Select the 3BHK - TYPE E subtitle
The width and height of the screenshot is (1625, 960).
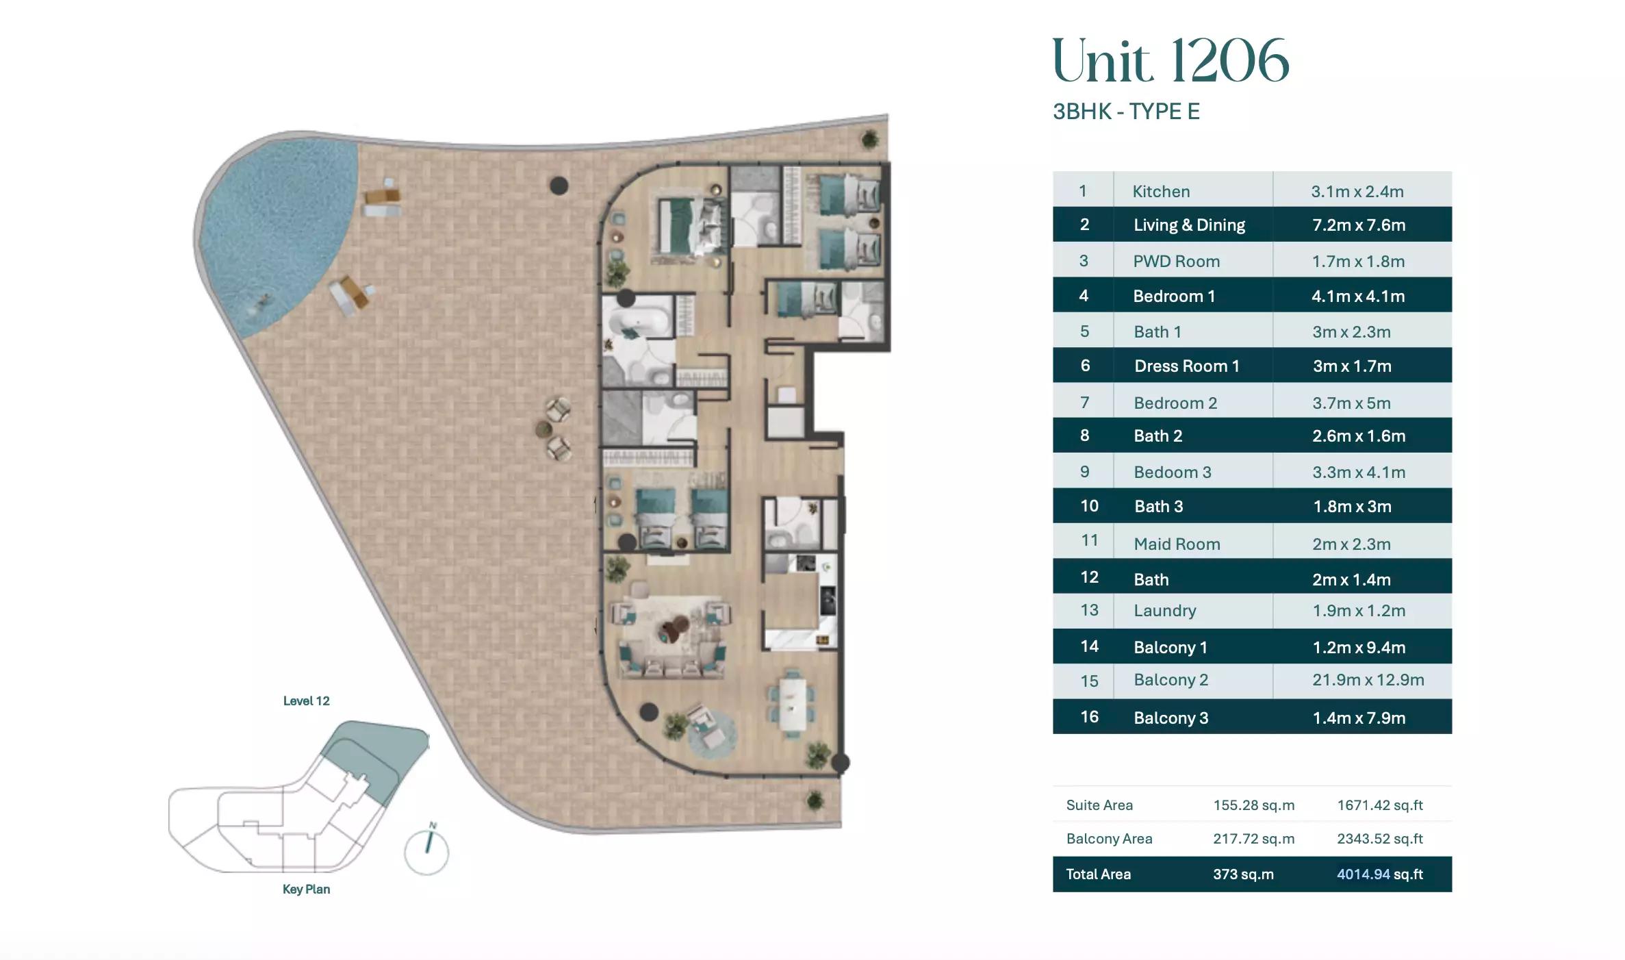(x=1126, y=112)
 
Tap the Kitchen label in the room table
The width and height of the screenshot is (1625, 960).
(x=1161, y=192)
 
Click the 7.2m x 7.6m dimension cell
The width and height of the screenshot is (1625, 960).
(x=1359, y=225)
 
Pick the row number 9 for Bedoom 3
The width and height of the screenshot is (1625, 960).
(x=1084, y=472)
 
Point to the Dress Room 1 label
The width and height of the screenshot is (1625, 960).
(x=1186, y=366)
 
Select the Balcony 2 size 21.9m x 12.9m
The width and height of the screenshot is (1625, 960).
(x=1368, y=680)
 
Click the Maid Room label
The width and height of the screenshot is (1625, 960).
(x=1177, y=544)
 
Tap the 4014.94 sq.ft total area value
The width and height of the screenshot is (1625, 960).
(x=1379, y=874)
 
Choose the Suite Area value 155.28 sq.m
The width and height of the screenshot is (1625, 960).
(x=1253, y=805)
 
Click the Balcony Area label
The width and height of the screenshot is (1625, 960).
(x=1109, y=839)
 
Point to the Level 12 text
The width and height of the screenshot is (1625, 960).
(x=306, y=701)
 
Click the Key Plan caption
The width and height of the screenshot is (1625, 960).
(x=306, y=889)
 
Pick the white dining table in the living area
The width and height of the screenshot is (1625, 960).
(x=792, y=703)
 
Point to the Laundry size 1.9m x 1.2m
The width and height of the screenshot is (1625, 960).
(x=1359, y=611)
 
